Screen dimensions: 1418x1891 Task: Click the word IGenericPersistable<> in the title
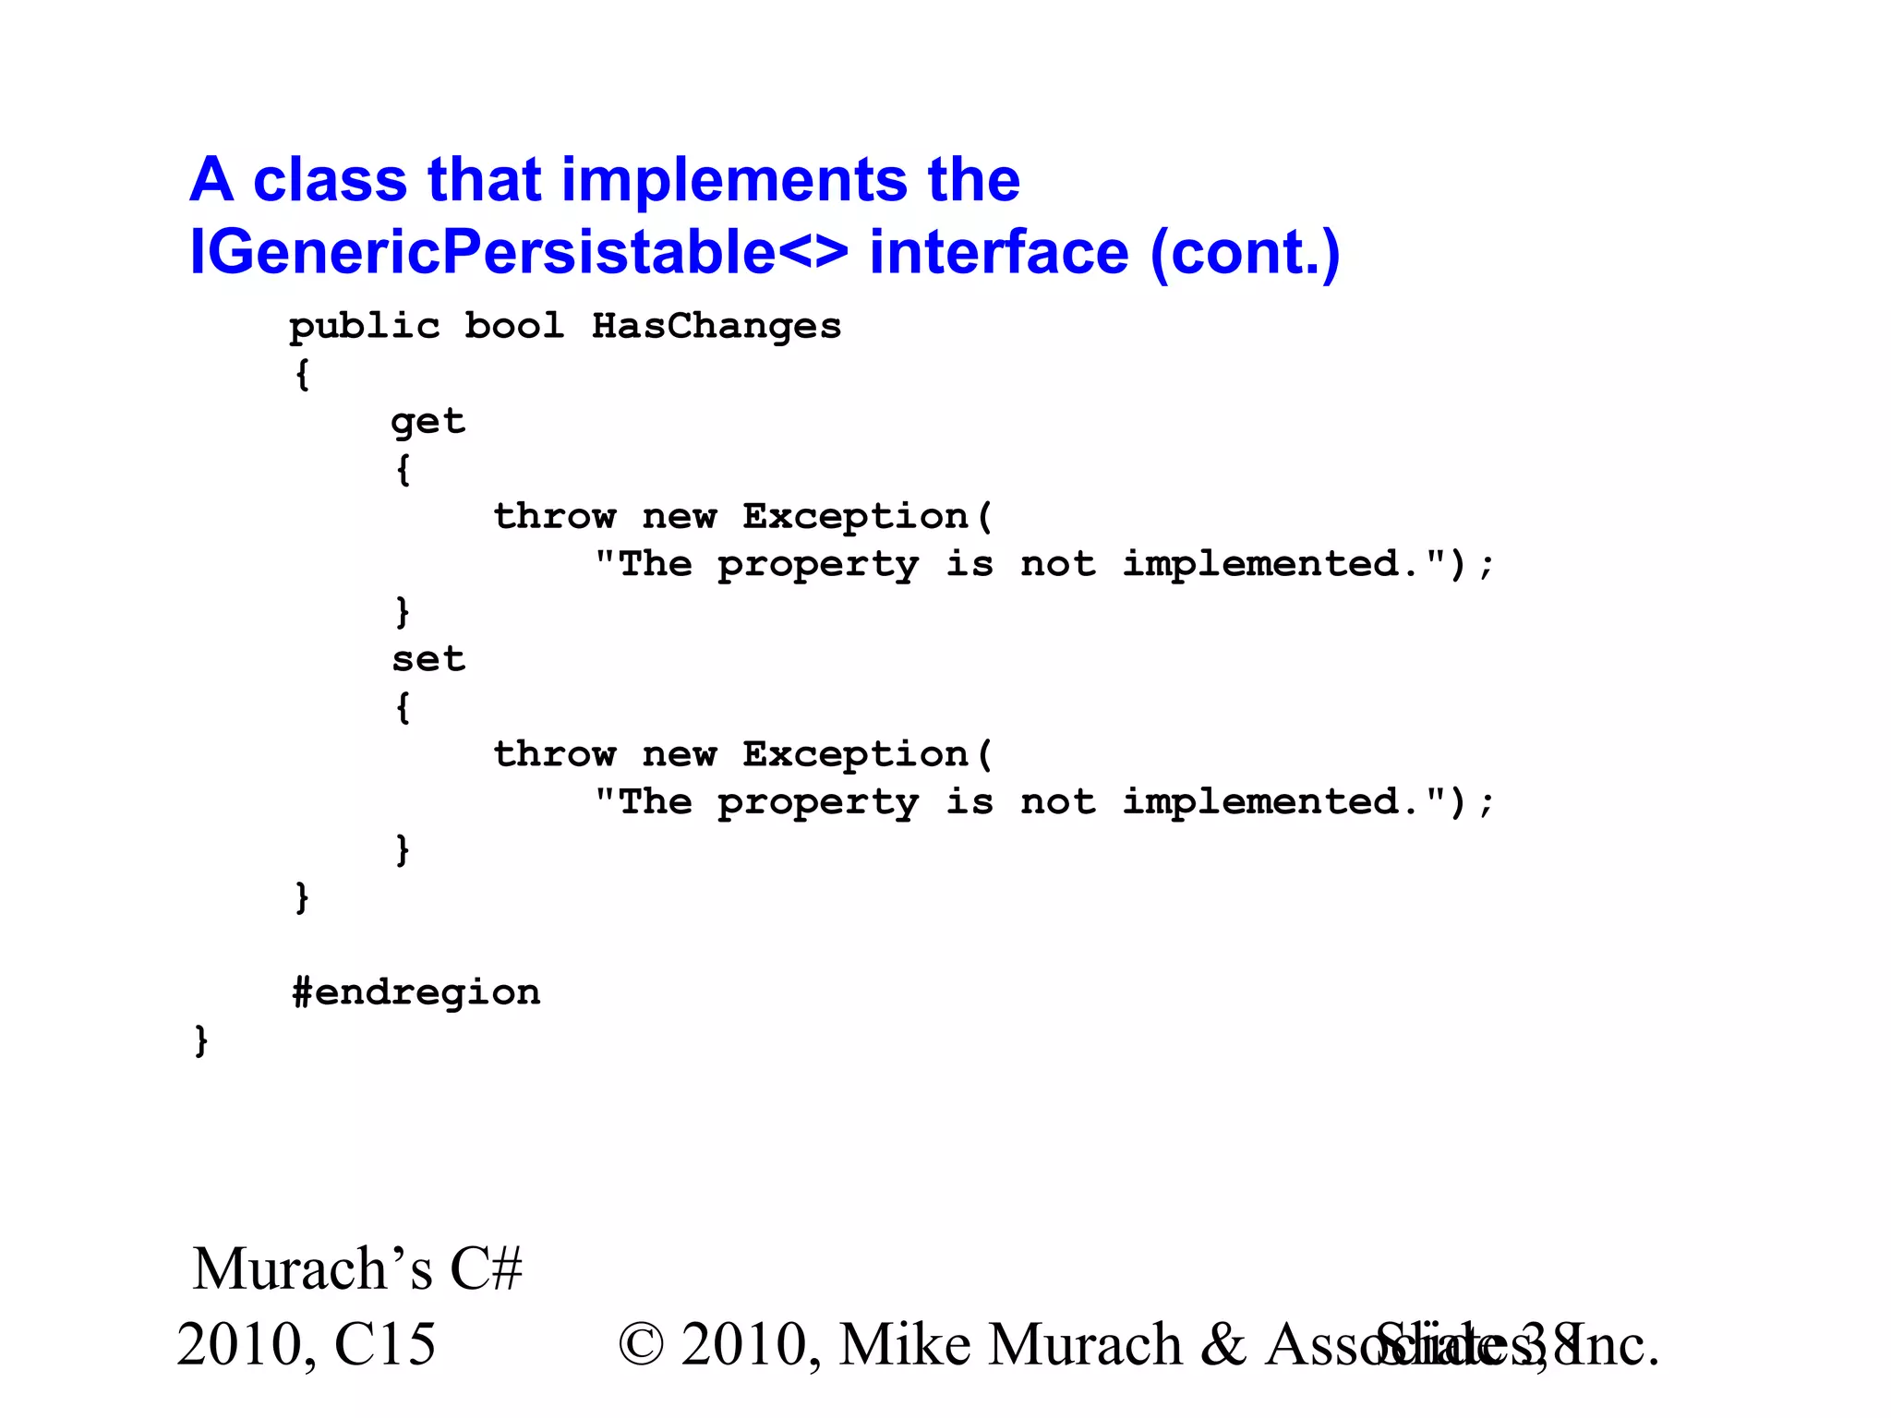click(518, 252)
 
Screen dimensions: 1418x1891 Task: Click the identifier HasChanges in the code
click(716, 326)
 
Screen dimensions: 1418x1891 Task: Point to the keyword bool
click(513, 326)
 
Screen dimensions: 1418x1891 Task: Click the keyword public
click(364, 328)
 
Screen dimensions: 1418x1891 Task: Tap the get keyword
click(428, 423)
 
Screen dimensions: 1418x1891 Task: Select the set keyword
click(428, 659)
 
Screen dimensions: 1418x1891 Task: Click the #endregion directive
click(416, 992)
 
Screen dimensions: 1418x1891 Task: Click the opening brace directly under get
click(403, 470)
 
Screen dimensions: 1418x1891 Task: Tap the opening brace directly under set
click(403, 708)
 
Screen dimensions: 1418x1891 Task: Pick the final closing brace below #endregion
click(200, 1040)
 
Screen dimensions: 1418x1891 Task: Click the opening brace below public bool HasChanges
click(302, 375)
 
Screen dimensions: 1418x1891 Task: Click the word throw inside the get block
click(554, 516)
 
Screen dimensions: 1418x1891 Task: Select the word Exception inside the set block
click(855, 754)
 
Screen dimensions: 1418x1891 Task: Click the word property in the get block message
click(818, 565)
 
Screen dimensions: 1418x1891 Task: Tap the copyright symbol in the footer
click(642, 1344)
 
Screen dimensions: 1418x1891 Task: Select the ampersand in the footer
click(1224, 1344)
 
